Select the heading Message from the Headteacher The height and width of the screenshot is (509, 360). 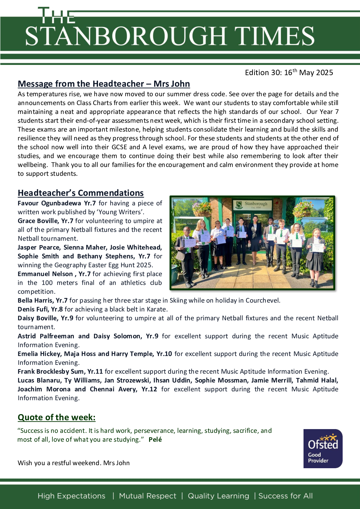point(104,84)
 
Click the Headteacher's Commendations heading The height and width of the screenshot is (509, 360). point(81,193)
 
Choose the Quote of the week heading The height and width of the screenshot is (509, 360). point(56,417)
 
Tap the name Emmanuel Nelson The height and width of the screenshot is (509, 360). point(45,274)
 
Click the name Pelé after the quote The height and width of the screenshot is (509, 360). point(155,439)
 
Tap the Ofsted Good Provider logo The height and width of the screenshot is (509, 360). point(323,448)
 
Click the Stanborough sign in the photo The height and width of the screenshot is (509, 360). point(252,204)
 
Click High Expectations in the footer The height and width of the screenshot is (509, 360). point(71,496)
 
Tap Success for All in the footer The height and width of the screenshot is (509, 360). point(285,496)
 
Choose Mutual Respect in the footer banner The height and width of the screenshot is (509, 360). point(148,496)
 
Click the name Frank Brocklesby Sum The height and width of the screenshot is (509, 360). point(60,371)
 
